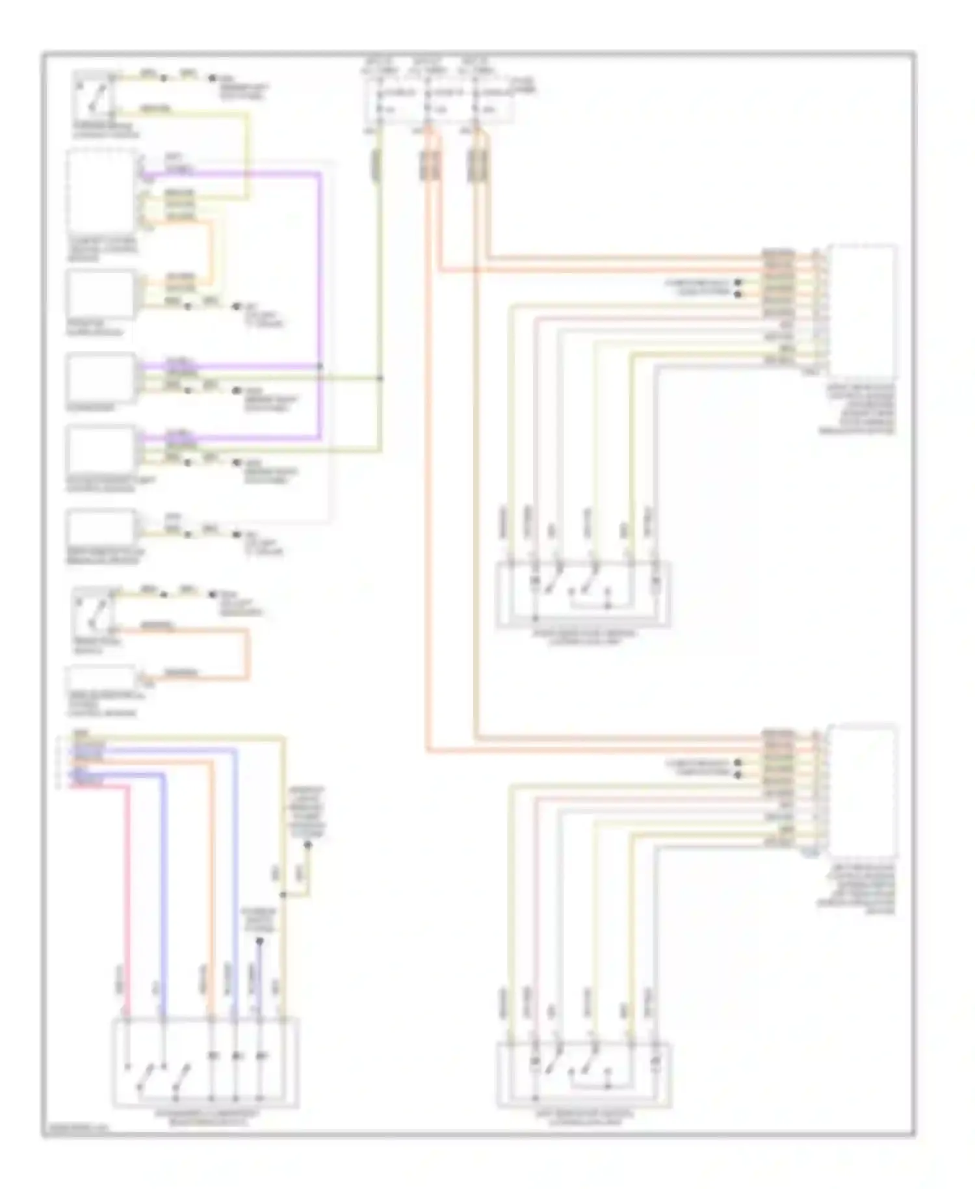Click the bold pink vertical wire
pyautogui.click(x=127, y=898)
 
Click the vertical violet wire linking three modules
pyautogui.click(x=320, y=306)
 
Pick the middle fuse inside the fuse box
pyautogui.click(x=428, y=101)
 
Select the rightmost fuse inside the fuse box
pyautogui.click(x=478, y=101)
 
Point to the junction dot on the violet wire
pyautogui.click(x=320, y=367)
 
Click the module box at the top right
pyautogui.click(x=862, y=311)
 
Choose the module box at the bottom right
pyautogui.click(x=862, y=790)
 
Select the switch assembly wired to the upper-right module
pyautogui.click(x=583, y=594)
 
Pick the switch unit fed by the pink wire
pyautogui.click(x=205, y=1062)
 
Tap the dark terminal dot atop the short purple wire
pyautogui.click(x=259, y=941)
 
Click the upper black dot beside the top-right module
pyautogui.click(x=738, y=283)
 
